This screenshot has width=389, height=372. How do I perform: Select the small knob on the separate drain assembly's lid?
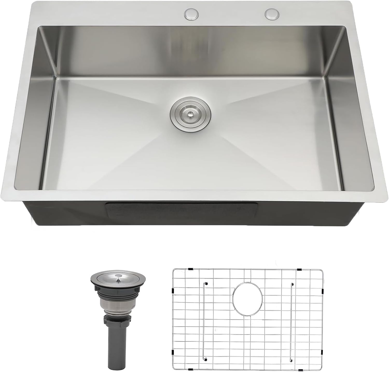pyautogui.click(x=118, y=280)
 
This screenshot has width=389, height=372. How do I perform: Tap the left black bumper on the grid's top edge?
pyautogui.click(x=191, y=269)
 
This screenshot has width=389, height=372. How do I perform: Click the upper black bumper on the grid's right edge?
pyautogui.click(x=322, y=291)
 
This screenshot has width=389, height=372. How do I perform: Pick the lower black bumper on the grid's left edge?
pyautogui.click(x=172, y=352)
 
